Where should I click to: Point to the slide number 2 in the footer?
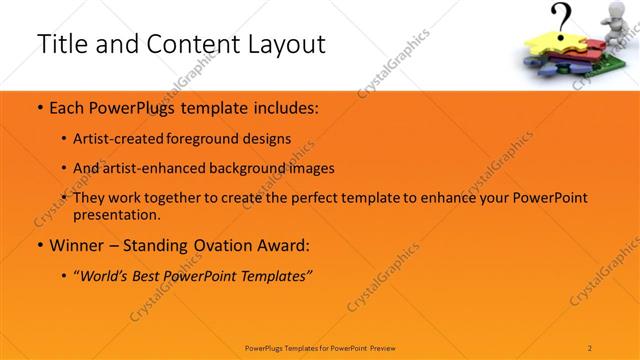590,347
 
